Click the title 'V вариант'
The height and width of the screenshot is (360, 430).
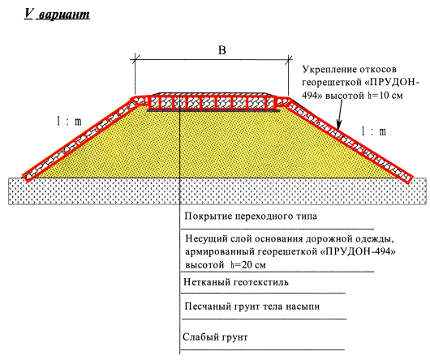(x=57, y=14)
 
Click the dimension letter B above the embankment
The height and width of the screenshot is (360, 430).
(x=221, y=50)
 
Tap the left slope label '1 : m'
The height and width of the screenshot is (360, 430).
(x=69, y=121)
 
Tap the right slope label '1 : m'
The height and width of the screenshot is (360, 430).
(x=373, y=131)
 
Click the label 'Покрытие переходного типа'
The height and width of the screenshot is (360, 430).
(x=251, y=216)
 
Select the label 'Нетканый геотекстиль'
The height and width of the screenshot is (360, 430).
(x=236, y=282)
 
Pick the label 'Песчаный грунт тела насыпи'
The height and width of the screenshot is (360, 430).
(x=252, y=306)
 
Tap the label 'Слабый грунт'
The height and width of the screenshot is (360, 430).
(x=215, y=336)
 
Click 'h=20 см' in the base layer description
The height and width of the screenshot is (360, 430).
(x=248, y=265)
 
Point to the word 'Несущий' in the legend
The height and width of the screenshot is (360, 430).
(x=203, y=239)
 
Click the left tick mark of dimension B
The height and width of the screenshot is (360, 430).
(x=135, y=58)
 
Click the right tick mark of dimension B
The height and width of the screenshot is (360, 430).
(x=288, y=58)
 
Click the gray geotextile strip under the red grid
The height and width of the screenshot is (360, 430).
(x=214, y=110)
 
